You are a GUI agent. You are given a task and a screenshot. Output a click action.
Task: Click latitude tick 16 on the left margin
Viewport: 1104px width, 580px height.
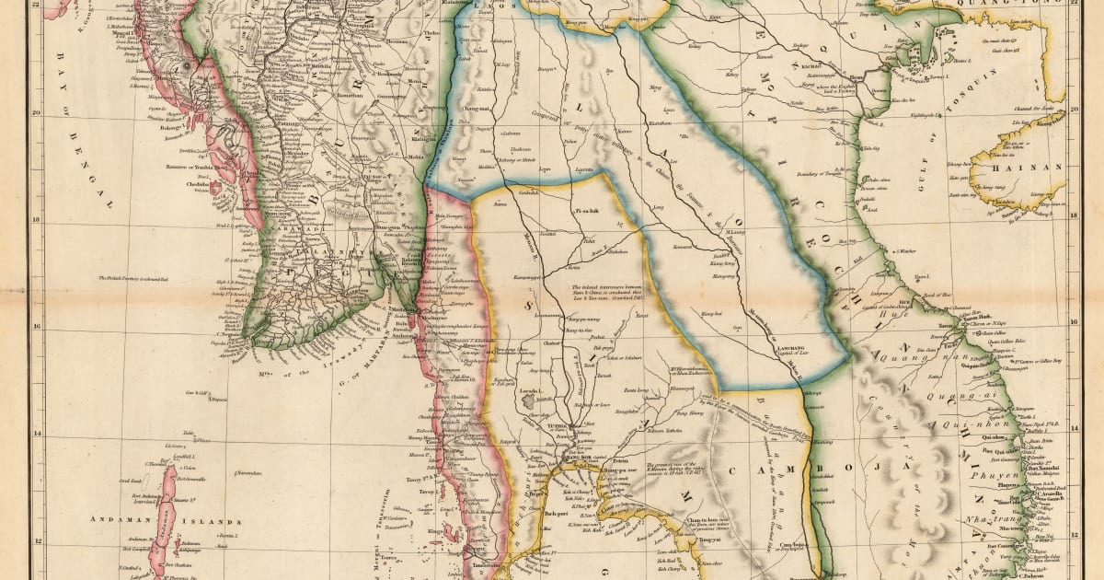pyautogui.click(x=36, y=328)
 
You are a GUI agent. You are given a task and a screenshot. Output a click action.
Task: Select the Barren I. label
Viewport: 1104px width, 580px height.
pyautogui.click(x=229, y=534)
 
